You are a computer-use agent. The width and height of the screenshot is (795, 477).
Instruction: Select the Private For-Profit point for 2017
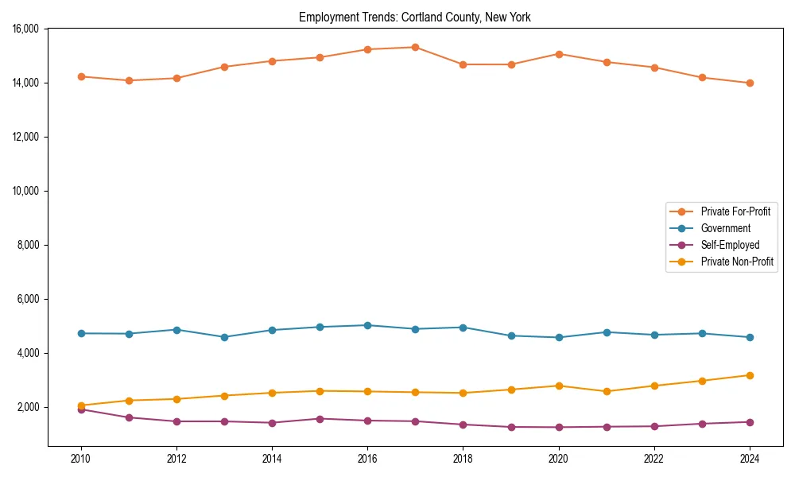pos(415,47)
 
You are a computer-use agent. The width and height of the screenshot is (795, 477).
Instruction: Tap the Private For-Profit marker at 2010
pos(80,76)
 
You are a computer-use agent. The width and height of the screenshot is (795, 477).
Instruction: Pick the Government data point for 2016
pos(367,325)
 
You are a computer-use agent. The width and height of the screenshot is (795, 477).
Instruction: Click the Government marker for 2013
pos(224,337)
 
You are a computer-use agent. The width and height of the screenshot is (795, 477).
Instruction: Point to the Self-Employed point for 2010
pos(80,409)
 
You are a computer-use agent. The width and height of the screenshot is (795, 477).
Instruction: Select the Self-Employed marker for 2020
pos(559,427)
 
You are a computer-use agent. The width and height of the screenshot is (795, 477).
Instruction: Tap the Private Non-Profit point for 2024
pos(750,375)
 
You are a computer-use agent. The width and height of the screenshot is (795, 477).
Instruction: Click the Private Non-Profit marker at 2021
pos(607,391)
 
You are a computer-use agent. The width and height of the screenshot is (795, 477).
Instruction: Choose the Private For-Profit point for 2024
pos(750,83)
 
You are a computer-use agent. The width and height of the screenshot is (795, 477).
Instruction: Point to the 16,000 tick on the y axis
pos(26,29)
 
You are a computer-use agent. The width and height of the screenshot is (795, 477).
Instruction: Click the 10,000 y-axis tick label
pos(26,191)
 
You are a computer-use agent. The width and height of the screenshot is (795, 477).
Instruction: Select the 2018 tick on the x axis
pos(463,458)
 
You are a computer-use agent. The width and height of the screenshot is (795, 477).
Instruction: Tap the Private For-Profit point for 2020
pos(559,54)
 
